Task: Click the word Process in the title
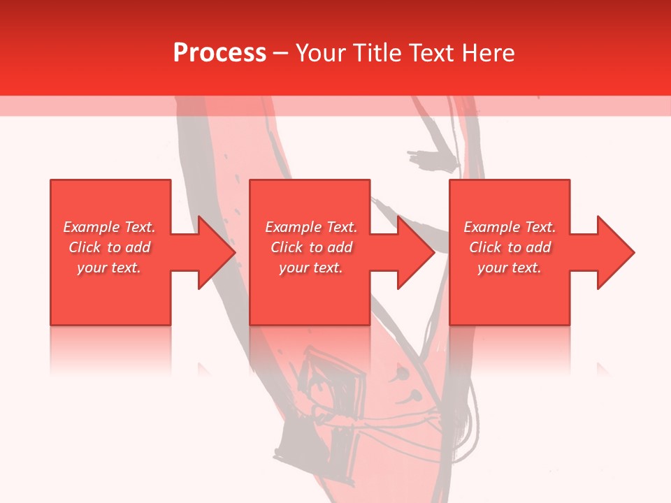pos(219,53)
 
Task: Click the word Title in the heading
pos(377,53)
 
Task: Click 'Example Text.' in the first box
pos(109,227)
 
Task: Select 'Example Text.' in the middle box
pos(311,227)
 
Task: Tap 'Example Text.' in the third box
pos(510,227)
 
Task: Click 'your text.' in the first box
pos(109,268)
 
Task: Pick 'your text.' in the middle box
pos(311,268)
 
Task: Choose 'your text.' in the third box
pos(510,268)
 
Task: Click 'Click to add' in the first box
pos(109,247)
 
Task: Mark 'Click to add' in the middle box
pos(311,247)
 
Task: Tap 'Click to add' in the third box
pos(510,247)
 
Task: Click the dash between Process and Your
pos(280,54)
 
